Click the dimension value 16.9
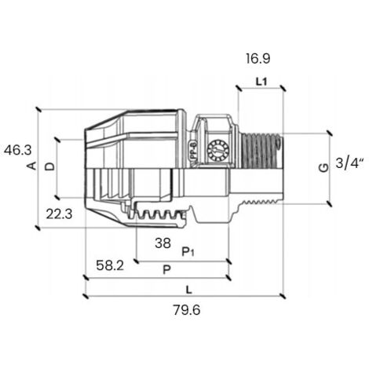(258, 59)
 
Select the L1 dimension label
(261, 82)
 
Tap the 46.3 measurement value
(18, 150)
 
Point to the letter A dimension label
(33, 166)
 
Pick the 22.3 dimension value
(59, 214)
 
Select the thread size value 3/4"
(350, 163)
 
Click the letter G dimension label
(324, 167)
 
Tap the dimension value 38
(163, 243)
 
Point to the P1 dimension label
(188, 252)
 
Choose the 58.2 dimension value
(110, 265)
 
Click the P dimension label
(166, 269)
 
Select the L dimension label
(189, 290)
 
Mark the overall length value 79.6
(187, 310)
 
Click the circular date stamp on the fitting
(217, 151)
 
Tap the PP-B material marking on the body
(193, 150)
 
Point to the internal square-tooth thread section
(158, 214)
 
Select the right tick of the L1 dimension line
(283, 88)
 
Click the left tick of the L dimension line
(86, 297)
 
